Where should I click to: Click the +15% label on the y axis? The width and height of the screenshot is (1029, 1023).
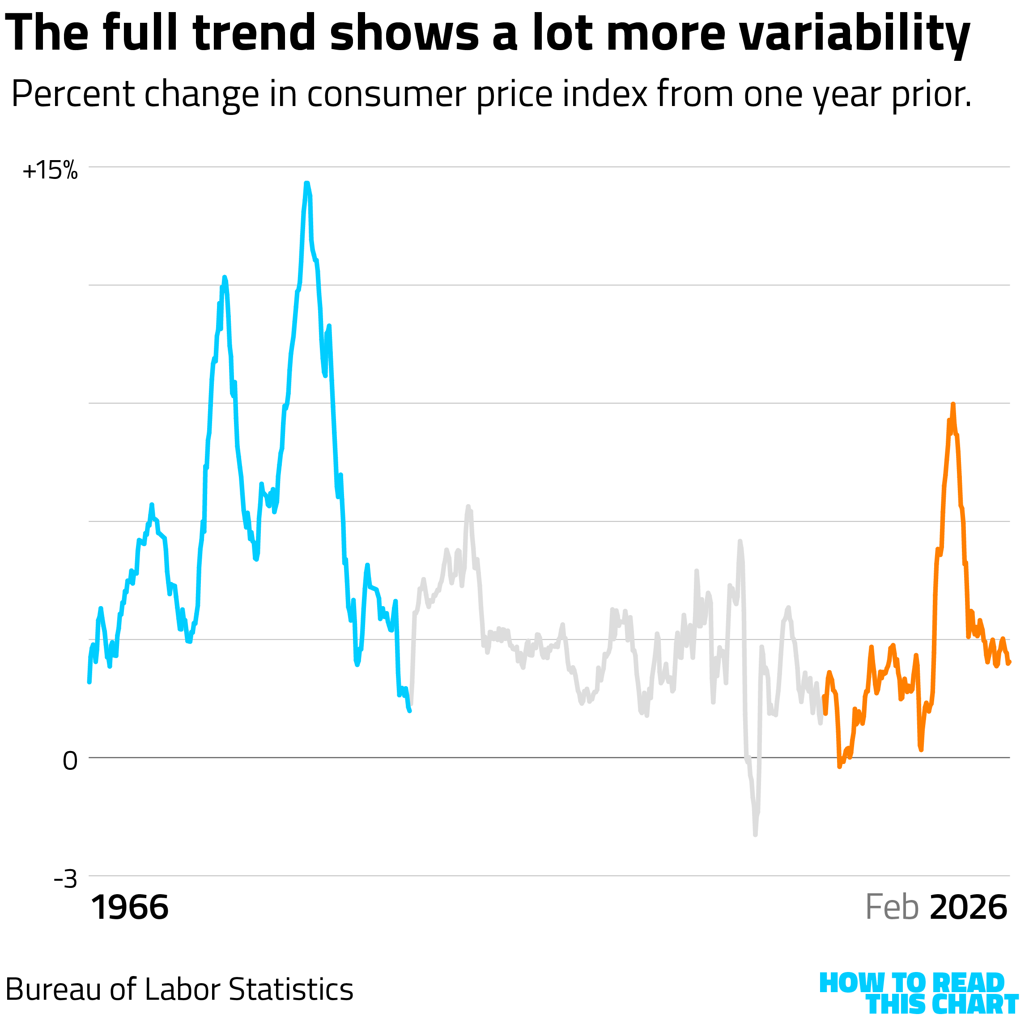pyautogui.click(x=50, y=171)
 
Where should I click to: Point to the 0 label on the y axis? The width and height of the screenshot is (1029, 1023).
pyautogui.click(x=70, y=761)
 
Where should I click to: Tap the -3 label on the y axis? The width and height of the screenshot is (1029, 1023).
pyautogui.click(x=65, y=879)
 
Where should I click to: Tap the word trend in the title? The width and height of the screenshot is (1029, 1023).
pyautogui.click(x=255, y=33)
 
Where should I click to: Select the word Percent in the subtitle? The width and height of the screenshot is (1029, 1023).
pyautogui.click(x=72, y=95)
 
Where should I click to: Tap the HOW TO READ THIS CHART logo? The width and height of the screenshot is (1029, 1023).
pyautogui.click(x=917, y=993)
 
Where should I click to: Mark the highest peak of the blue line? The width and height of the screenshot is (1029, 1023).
pyautogui.click(x=307, y=183)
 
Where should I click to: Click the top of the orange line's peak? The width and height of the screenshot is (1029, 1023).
pyautogui.click(x=953, y=404)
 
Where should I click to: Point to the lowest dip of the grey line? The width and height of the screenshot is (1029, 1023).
pyautogui.click(x=755, y=835)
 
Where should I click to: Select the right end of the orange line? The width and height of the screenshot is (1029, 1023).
pyautogui.click(x=1009, y=662)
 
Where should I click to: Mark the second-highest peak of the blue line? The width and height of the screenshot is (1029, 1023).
pyautogui.click(x=224, y=277)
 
